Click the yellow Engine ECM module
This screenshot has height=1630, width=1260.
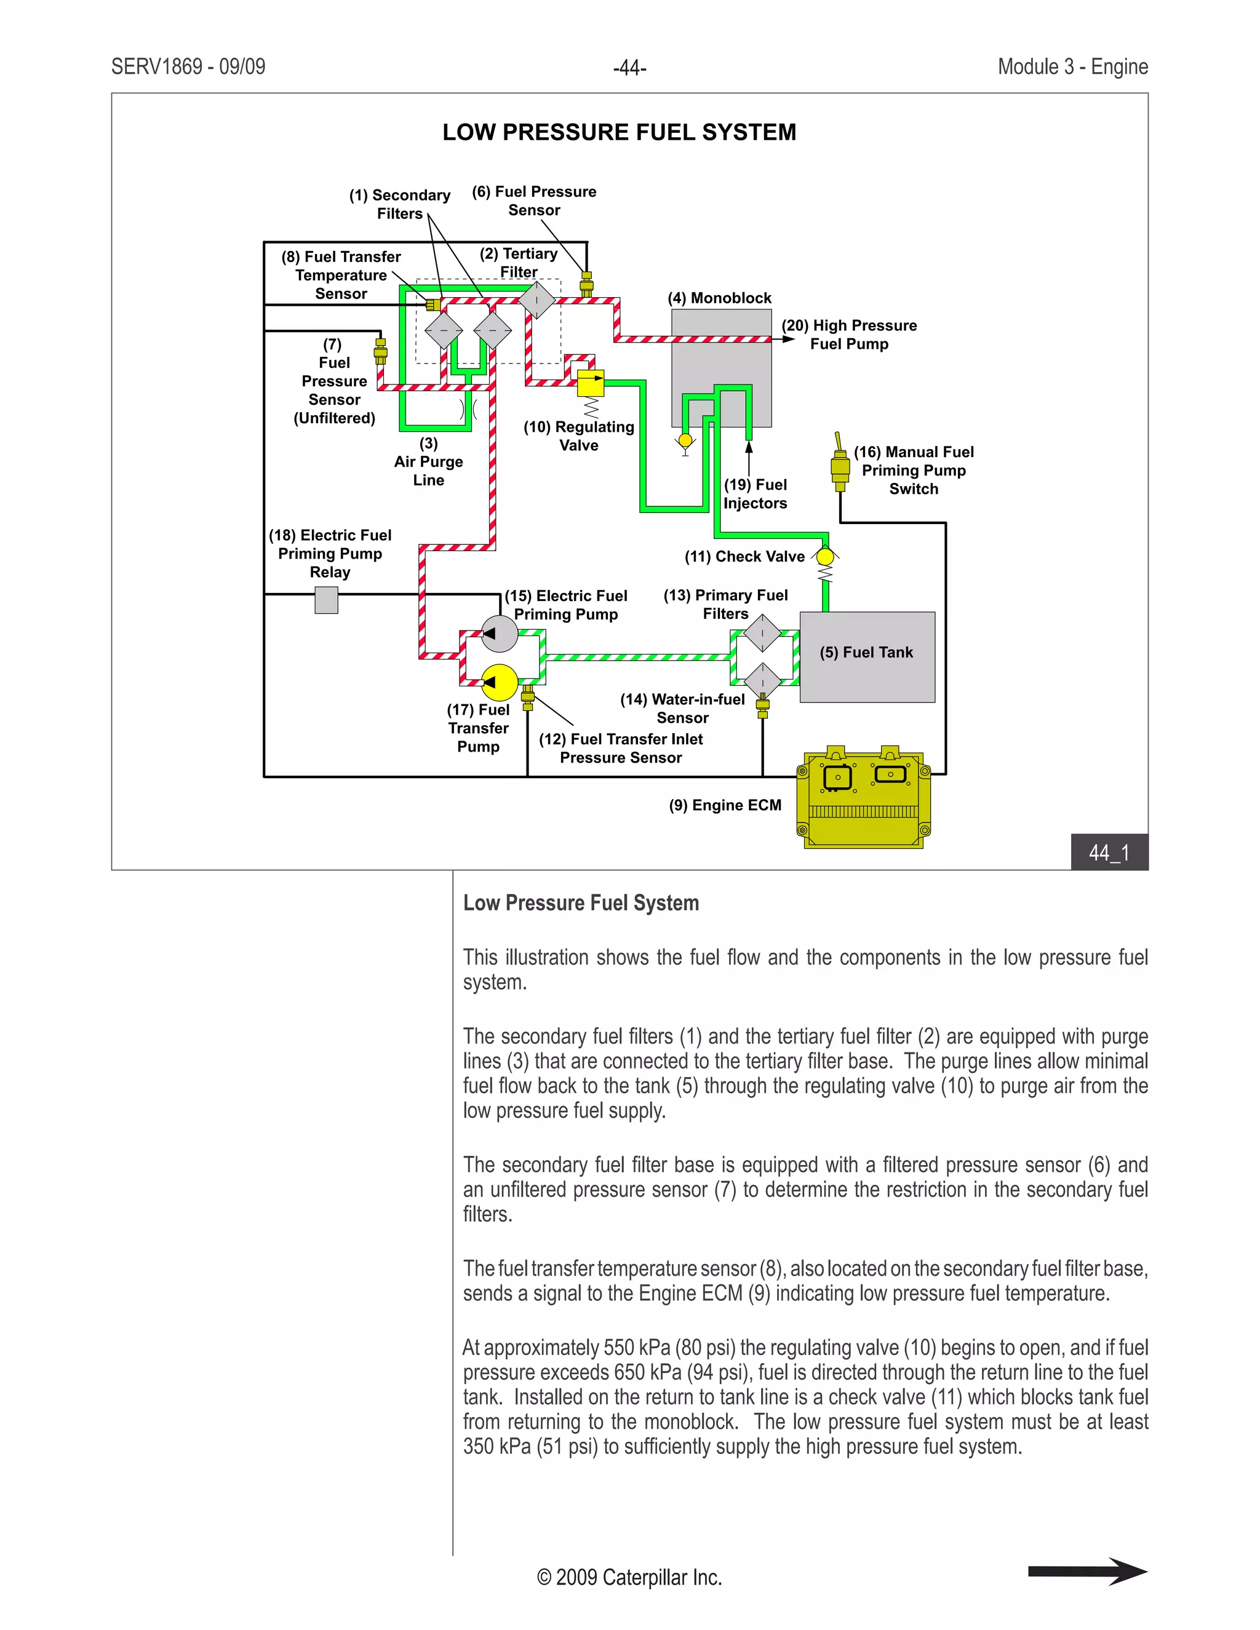[864, 800]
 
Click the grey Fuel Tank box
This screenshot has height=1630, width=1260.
[867, 657]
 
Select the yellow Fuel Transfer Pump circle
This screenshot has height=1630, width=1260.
[500, 682]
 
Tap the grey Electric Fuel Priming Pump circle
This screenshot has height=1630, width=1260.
[500, 634]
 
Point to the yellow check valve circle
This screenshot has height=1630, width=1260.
[825, 557]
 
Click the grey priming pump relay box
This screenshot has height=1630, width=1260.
[326, 599]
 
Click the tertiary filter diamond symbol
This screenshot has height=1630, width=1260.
[536, 300]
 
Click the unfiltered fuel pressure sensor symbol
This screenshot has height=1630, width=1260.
[380, 351]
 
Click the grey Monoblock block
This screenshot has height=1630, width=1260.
[721, 366]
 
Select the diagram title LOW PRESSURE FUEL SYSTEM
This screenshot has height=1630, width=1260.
[619, 132]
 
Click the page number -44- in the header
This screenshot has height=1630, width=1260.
[629, 68]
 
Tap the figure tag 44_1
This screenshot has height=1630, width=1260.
[1109, 853]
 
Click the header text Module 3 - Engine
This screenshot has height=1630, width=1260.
[1072, 67]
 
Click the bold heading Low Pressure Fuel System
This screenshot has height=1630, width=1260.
[581, 903]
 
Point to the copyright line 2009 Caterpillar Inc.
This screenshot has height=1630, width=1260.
[629, 1577]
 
